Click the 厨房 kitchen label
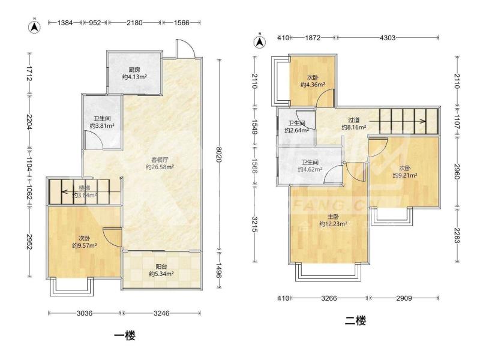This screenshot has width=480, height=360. coord(134,70)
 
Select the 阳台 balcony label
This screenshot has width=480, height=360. coord(161,266)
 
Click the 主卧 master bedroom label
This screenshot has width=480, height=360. coord(334,217)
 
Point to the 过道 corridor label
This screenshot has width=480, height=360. coord(353,120)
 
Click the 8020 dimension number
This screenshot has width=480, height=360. coord(219,155)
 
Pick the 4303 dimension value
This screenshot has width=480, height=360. coord(387,38)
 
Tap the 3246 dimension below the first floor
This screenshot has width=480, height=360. coord(161,313)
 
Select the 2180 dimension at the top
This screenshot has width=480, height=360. coord(134,22)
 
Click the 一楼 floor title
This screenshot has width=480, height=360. coord(125,336)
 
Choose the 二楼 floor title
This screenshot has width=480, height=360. coord(355,321)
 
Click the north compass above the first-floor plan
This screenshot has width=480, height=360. coord(35,26)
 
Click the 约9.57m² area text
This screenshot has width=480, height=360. coord(85,245)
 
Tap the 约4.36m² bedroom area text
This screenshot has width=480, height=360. coord(313,85)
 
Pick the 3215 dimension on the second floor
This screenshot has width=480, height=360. coord(254,224)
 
